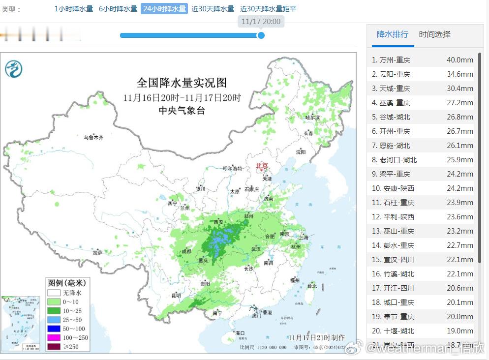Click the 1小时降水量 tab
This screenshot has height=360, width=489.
pos(73,9)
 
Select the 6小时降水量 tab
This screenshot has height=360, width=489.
pos(118,9)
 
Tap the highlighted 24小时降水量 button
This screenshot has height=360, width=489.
pos(164,9)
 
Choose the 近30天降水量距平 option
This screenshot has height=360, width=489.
pos(268,9)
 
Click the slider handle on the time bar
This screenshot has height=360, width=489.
pos(261,35)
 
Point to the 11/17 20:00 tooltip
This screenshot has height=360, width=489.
pos(261,22)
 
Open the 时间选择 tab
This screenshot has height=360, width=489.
pos(434,34)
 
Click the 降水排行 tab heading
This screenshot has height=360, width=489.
pos(392,34)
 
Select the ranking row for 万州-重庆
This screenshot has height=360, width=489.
pos(422,60)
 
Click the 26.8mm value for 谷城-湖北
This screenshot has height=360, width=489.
pos(459,117)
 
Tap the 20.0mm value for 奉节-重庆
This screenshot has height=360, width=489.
pos(459,317)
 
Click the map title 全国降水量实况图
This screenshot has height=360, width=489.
pos(182,82)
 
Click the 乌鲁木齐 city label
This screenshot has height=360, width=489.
pos(93,138)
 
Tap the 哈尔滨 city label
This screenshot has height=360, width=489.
pos(312,118)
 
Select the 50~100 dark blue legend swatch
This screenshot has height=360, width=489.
pos(54,329)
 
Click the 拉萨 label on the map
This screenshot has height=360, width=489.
pos(97,253)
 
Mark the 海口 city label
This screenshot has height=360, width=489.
pos(241,333)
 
